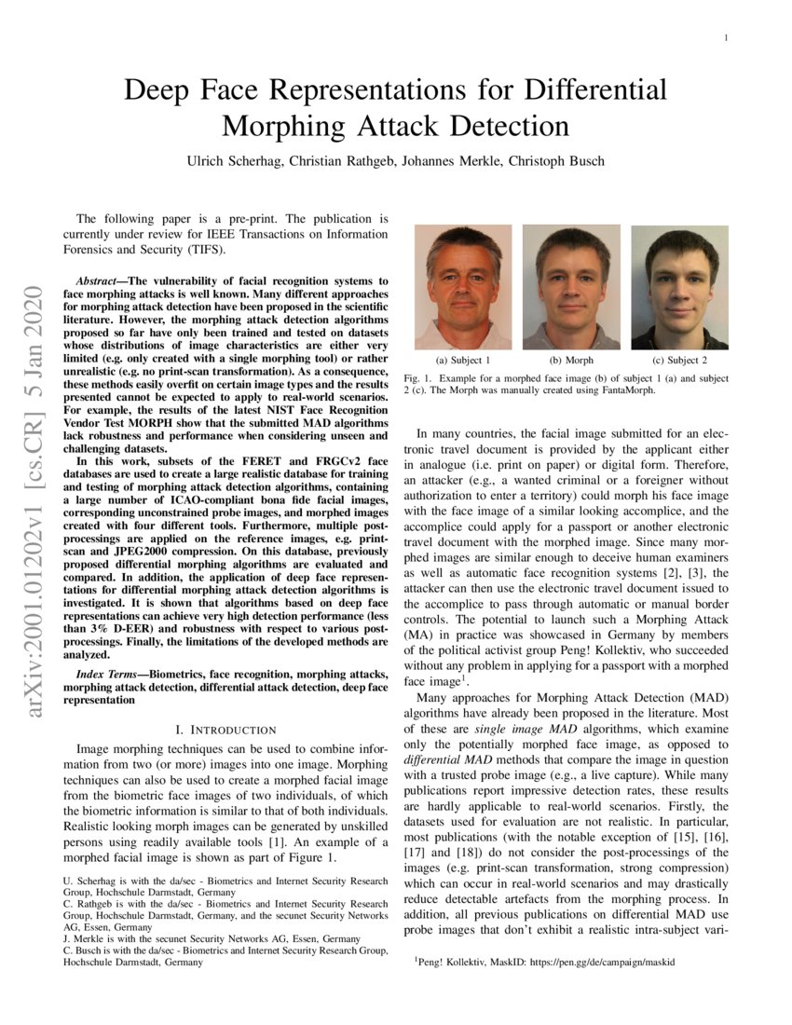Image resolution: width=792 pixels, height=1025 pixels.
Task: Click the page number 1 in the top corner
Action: click(x=725, y=38)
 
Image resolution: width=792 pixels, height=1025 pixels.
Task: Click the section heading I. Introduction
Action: click(x=225, y=729)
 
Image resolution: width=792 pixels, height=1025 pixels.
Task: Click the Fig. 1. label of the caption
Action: click(x=419, y=378)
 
